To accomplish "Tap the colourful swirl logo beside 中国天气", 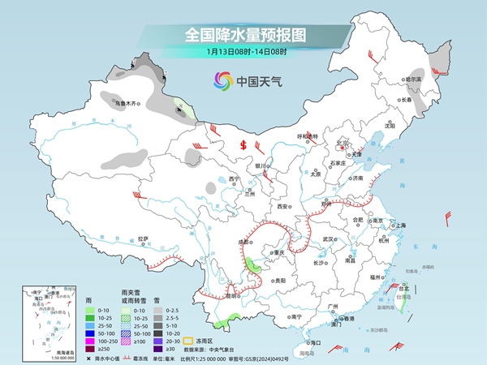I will tap(222, 80).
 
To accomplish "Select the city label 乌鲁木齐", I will tap(125, 104).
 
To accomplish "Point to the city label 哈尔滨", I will tap(414, 79).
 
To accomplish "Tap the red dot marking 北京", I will tap(344, 148).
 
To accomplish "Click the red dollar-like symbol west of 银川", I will tap(243, 146).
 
